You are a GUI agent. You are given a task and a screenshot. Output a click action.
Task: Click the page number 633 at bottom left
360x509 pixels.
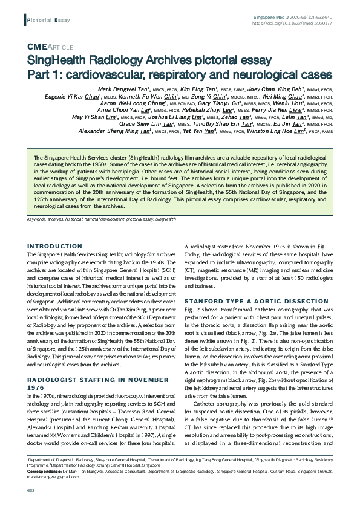(30, 490)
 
